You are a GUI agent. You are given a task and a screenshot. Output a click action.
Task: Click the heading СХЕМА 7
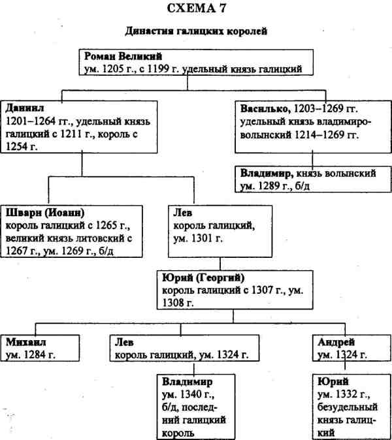[196, 9]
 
